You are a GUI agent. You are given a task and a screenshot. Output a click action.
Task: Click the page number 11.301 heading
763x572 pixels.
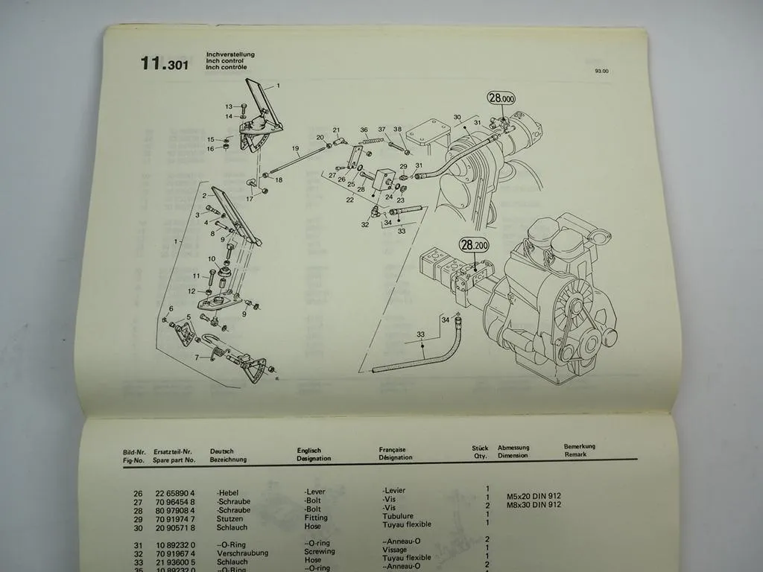coord(164,64)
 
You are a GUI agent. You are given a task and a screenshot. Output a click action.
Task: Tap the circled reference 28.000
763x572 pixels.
coord(501,98)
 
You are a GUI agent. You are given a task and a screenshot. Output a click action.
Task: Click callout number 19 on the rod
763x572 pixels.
coord(295,149)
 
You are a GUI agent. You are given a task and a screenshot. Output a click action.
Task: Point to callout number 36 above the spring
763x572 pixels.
coord(364,130)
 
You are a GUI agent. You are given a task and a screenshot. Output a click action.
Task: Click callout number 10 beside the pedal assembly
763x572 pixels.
coord(212,259)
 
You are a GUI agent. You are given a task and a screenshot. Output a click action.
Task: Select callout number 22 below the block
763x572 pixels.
coord(349,200)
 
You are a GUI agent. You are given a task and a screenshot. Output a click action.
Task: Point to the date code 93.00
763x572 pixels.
coord(601,71)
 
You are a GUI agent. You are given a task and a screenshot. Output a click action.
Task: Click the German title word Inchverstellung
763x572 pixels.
coord(231,54)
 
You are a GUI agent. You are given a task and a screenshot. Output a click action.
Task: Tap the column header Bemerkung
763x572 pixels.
coord(580,447)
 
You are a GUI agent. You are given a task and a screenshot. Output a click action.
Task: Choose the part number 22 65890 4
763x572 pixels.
coord(174,493)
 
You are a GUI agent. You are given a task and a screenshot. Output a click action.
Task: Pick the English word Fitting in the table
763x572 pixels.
coord(316,518)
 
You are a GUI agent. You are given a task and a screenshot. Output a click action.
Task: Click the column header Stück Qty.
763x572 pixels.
coord(480,452)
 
